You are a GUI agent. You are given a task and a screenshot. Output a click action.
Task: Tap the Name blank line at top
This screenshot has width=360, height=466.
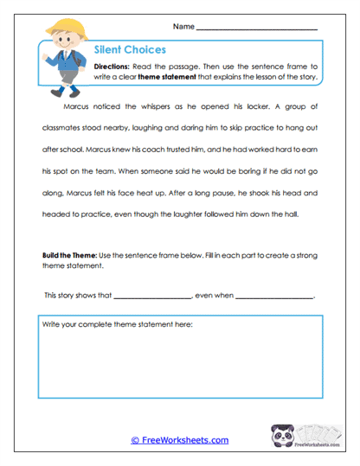pyautogui.click(x=257, y=29)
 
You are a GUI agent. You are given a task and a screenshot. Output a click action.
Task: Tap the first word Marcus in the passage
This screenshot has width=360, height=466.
pyautogui.click(x=78, y=107)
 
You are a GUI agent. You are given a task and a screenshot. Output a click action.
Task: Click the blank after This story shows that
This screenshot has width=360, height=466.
pyautogui.click(x=152, y=297)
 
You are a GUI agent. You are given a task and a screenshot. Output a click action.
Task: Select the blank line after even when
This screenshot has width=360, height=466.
pyautogui.click(x=274, y=297)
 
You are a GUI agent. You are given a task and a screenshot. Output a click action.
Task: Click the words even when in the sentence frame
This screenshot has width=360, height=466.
pyautogui.click(x=214, y=296)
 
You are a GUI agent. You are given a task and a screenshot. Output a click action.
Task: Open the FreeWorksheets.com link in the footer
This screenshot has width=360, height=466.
pyautogui.click(x=180, y=440)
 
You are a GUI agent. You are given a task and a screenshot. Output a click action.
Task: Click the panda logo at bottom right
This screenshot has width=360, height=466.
pyautogui.click(x=282, y=437)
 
